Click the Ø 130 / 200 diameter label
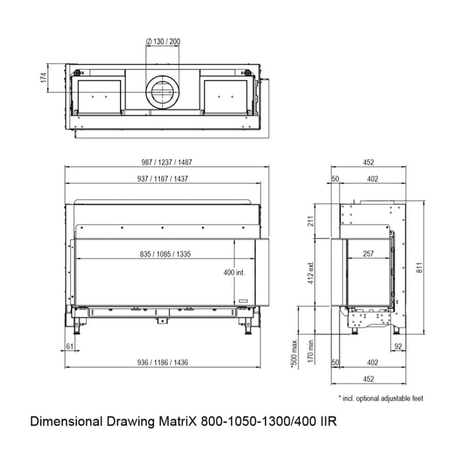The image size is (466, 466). [x=163, y=41]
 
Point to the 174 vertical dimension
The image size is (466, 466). [x=43, y=78]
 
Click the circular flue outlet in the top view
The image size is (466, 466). [x=162, y=91]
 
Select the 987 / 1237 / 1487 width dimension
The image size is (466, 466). [x=167, y=162]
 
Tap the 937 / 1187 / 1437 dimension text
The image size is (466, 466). [x=166, y=179]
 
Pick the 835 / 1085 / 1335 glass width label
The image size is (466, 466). [x=165, y=254]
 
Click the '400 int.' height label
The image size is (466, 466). [x=234, y=272]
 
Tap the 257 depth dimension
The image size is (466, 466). [x=368, y=254]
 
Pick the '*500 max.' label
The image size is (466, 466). [x=294, y=353]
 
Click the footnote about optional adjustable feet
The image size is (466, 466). [x=381, y=398]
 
